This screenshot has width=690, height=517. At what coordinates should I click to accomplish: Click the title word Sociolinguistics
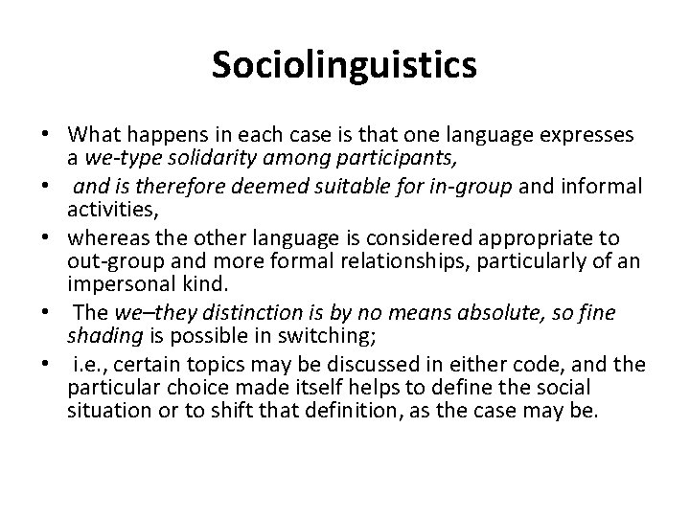(344, 65)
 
